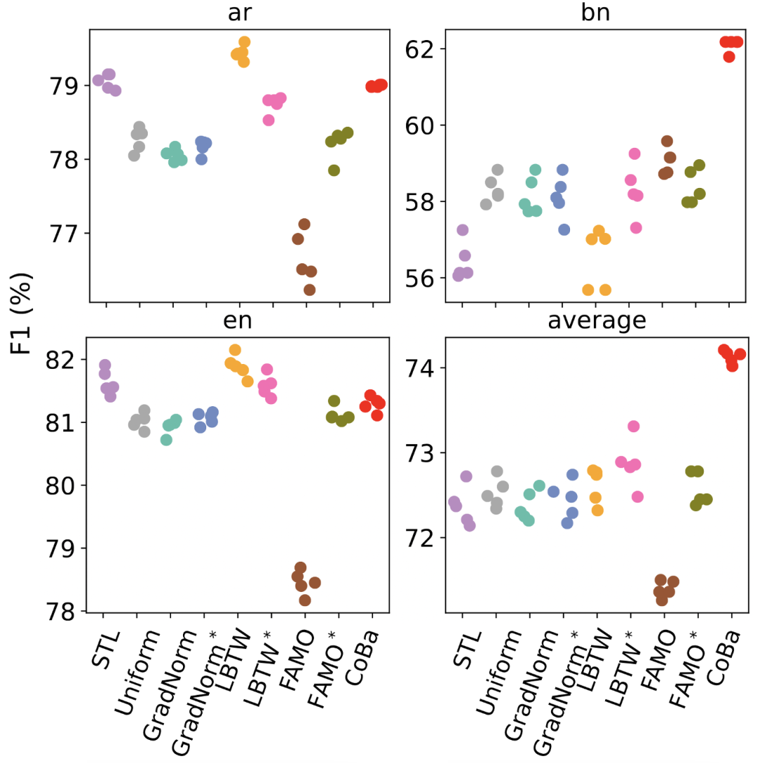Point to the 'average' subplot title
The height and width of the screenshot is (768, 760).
[595, 321]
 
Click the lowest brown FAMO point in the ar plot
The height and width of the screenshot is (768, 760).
[310, 289]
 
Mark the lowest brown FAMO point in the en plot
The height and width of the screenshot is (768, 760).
[305, 600]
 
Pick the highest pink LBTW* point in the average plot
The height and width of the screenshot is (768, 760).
[633, 426]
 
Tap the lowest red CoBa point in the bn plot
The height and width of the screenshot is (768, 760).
[729, 56]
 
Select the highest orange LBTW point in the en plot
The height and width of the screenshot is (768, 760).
[235, 350]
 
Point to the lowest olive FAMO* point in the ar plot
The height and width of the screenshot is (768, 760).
[334, 170]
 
